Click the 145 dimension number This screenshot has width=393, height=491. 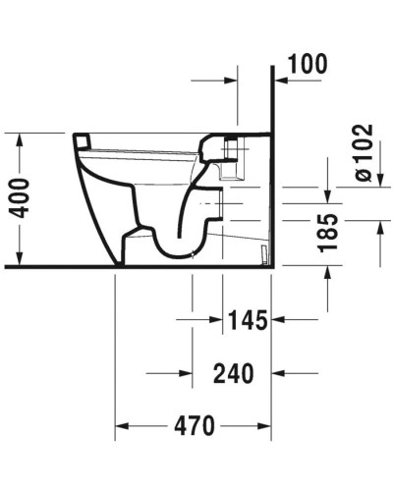[246, 321]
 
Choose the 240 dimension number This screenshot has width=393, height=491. [234, 373]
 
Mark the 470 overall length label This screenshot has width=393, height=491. [195, 426]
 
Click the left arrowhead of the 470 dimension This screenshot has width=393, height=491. [123, 426]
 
